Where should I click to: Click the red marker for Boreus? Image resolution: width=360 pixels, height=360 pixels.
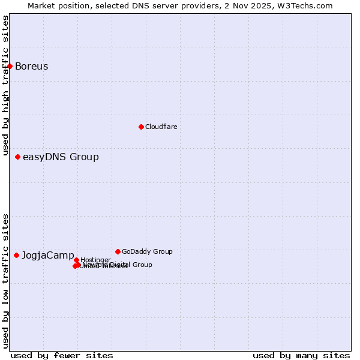10,66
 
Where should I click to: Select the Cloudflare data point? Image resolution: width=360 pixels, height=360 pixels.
141,127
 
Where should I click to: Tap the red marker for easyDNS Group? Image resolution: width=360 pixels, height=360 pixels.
17,157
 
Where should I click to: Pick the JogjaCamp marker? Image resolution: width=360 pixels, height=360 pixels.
16,255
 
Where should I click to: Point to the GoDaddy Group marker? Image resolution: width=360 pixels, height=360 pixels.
118,251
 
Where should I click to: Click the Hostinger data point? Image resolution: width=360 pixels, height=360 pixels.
76,260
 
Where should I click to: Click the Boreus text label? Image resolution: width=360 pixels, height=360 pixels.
31,66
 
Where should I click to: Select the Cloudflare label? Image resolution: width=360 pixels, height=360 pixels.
161,127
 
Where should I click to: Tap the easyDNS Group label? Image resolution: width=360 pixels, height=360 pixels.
61,157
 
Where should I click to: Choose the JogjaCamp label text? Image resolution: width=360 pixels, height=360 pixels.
48,256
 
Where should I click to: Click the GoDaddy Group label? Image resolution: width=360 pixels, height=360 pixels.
147,251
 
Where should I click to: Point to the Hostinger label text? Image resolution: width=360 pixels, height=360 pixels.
95,260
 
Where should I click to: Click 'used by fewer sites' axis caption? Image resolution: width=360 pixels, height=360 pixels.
62,356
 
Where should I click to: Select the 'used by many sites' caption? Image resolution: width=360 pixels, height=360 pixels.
301,356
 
